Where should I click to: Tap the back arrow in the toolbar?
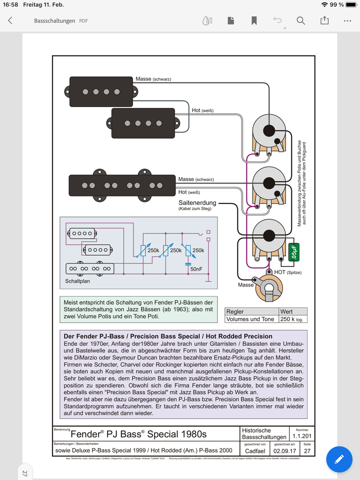(x=10, y=20)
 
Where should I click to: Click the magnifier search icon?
(x=300, y=20)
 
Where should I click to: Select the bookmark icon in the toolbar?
(x=254, y=20)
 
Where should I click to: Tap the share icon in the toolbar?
(x=324, y=20)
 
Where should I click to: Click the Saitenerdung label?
(x=197, y=202)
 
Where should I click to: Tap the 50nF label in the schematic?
(x=196, y=269)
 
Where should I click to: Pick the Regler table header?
(x=235, y=311)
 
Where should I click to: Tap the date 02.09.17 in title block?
(x=285, y=450)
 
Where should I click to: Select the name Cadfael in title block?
(x=255, y=450)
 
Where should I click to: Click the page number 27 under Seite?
(x=306, y=450)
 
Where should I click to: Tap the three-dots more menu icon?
(x=348, y=20)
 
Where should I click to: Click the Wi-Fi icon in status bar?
(x=325, y=4)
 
